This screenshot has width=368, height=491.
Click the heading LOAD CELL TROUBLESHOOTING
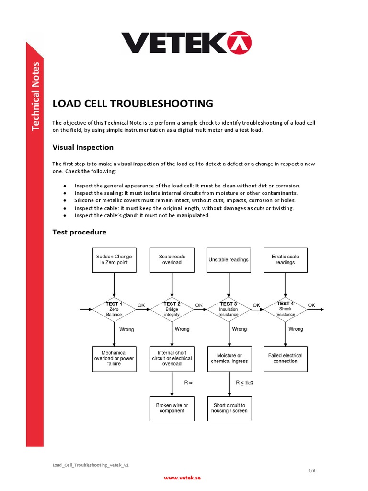(132, 104)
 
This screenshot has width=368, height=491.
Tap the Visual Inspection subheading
(82, 147)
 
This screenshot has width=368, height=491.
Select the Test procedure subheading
(79, 232)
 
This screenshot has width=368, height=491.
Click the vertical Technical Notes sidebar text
(35, 96)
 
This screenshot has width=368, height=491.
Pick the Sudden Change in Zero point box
(114, 260)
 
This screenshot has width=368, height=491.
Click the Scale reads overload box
(172, 260)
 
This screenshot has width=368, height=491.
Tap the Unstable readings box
(229, 260)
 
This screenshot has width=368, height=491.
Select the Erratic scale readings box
(286, 260)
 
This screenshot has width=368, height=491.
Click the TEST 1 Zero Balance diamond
(114, 309)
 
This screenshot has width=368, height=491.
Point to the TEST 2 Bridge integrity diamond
(172, 309)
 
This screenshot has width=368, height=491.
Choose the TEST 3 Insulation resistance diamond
(229, 309)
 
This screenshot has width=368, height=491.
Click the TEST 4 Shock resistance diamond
(286, 309)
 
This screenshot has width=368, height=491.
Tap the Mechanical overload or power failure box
(114, 359)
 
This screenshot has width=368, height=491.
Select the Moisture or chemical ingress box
(229, 359)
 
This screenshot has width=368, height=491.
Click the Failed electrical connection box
(286, 359)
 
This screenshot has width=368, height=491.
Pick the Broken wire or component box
(172, 408)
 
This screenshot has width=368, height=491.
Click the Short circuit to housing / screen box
(229, 408)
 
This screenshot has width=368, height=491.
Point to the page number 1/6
(311, 471)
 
